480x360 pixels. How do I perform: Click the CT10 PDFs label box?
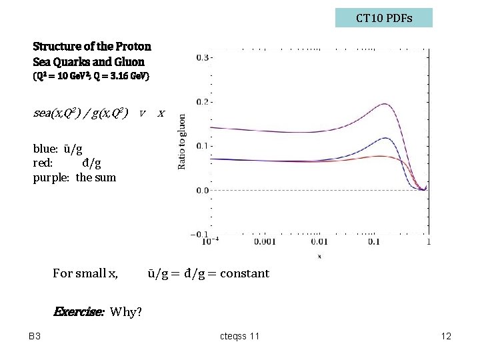click(x=383, y=18)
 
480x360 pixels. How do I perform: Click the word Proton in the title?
click(x=133, y=47)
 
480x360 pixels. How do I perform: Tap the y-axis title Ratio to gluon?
click(x=182, y=141)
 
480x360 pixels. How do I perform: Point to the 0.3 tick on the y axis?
click(x=203, y=57)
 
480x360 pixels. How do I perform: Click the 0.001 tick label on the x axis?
click(x=265, y=242)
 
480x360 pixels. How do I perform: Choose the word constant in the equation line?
click(x=245, y=273)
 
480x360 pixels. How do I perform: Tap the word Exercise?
click(x=78, y=311)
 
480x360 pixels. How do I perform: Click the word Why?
click(x=127, y=311)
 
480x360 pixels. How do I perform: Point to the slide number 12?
click(x=446, y=336)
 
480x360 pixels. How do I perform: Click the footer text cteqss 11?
click(x=240, y=336)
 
